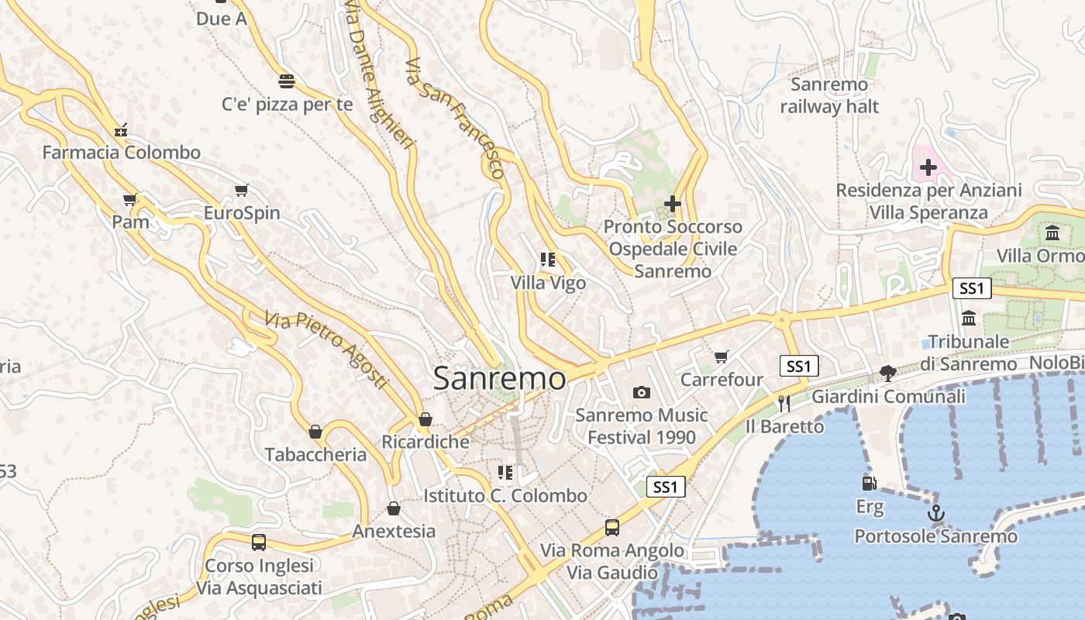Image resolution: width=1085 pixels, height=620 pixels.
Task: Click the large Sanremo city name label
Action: coord(499,378)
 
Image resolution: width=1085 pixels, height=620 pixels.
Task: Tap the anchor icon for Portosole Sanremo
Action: coord(936,513)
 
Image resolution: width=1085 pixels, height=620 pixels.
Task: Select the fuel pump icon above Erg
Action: coord(870,484)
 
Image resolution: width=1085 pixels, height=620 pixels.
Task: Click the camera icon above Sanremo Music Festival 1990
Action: coord(641,392)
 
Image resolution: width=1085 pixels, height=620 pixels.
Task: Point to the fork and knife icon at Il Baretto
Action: coord(784,403)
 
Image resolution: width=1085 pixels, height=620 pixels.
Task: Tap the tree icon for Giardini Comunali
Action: coord(888,374)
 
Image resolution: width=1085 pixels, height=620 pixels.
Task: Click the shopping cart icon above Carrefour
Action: coord(722,356)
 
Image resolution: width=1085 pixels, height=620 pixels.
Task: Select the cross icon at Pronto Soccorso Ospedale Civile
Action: coord(673,204)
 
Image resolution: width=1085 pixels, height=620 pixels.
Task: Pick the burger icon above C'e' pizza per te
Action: coord(287,81)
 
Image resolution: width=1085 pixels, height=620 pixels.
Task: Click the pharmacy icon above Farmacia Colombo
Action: coord(121,129)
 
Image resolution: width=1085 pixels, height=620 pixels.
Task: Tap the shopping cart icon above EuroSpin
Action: coord(242,190)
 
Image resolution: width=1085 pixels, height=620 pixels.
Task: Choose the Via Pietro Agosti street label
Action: coord(325,350)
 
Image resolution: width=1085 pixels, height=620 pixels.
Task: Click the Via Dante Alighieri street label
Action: coord(380,74)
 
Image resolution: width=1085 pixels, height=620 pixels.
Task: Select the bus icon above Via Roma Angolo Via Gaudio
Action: coord(612,528)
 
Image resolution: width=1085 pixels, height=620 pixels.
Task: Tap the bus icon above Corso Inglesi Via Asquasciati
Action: coord(259,542)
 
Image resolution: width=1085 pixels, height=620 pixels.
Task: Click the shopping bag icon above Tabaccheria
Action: coord(315,432)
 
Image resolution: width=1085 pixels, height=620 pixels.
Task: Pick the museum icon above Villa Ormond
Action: coord(1052,232)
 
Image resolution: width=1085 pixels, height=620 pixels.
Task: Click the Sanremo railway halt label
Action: coord(829,95)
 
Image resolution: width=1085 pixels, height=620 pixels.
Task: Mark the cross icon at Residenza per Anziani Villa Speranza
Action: coord(928,167)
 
